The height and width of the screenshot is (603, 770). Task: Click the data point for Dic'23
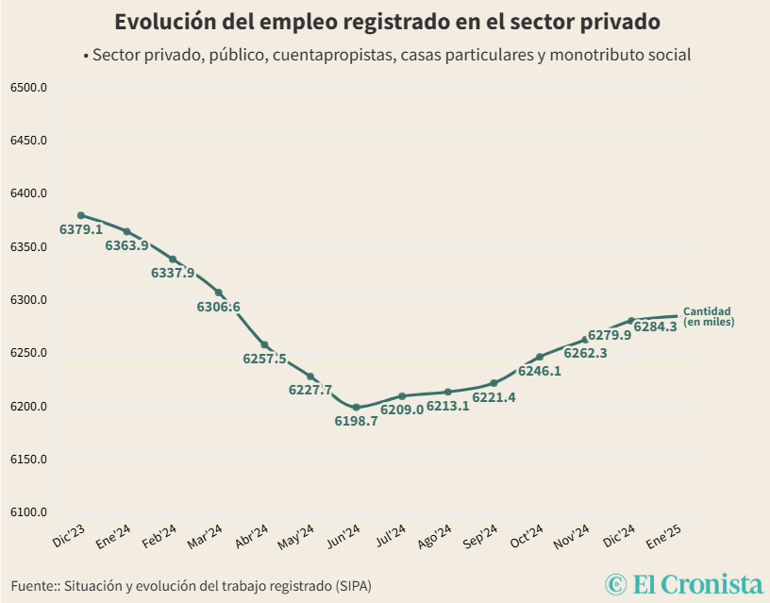click(81, 215)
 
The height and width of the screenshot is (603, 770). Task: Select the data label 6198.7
click(356, 422)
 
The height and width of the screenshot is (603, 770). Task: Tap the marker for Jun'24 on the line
click(356, 407)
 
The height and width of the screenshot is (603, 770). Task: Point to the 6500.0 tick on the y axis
click(29, 88)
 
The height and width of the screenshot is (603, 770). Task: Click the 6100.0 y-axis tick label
click(29, 512)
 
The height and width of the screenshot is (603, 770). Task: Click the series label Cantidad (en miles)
click(708, 316)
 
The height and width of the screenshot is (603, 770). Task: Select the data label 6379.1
click(81, 229)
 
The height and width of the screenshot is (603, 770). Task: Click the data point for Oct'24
click(540, 357)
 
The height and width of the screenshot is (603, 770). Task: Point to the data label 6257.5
click(264, 359)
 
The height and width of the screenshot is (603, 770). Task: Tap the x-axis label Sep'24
click(481, 539)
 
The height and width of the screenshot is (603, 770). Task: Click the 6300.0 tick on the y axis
click(29, 300)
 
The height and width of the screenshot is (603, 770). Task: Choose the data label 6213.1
click(448, 407)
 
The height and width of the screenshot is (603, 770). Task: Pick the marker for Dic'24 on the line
click(631, 321)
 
